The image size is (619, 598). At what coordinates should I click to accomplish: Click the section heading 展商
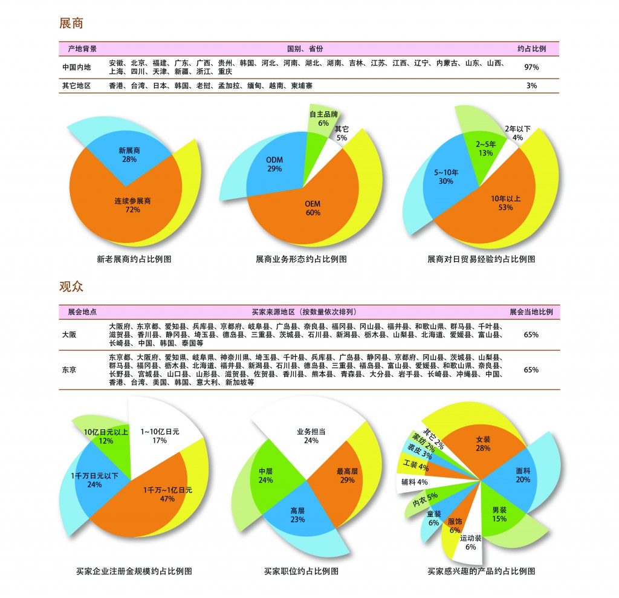coord(71,24)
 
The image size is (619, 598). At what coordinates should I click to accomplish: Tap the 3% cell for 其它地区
coord(531,86)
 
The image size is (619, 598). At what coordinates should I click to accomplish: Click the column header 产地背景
coord(82,48)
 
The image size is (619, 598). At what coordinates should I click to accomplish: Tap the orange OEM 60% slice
coord(313,209)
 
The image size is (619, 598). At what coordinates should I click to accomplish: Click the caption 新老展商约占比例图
coord(134,259)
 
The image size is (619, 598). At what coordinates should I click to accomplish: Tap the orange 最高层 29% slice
coord(346,475)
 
